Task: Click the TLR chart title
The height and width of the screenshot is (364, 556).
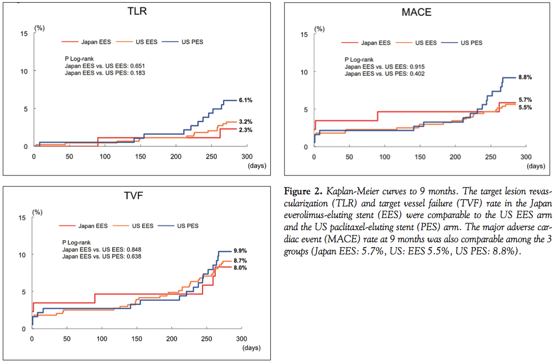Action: (137, 12)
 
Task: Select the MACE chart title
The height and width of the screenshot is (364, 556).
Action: (416, 12)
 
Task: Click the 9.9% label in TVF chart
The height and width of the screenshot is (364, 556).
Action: (240, 251)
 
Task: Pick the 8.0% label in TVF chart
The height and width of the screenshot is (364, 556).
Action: (240, 268)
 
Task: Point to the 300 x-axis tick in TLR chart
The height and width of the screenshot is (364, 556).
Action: (247, 156)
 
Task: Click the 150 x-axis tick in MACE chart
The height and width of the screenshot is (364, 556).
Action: (420, 156)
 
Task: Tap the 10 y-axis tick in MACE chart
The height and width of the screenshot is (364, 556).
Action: (304, 72)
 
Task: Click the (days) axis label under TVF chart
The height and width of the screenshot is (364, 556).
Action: (251, 348)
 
